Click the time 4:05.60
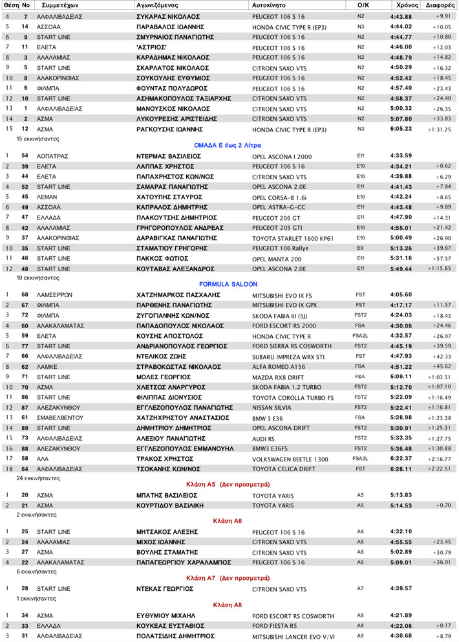401,294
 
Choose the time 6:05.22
401,129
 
